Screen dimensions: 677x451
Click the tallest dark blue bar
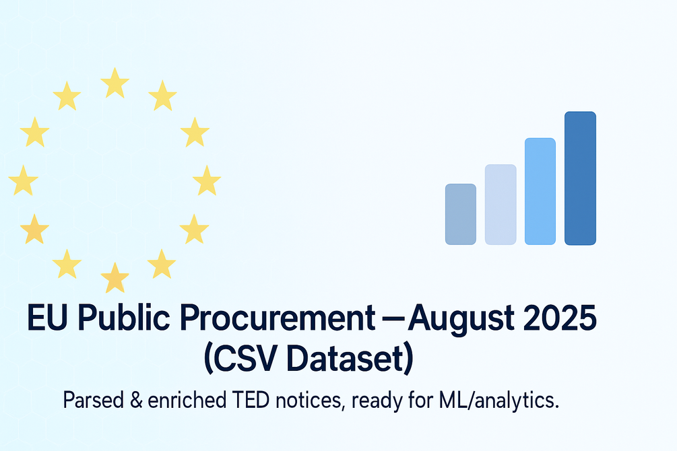(580, 178)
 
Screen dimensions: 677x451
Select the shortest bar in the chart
(461, 214)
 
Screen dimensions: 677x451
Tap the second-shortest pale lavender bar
(501, 205)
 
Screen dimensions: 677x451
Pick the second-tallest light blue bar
(540, 191)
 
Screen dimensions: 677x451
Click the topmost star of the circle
(115, 83)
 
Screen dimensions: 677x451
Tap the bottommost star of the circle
(115, 277)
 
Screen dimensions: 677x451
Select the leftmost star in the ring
(24, 180)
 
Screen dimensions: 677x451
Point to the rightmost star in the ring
(207, 180)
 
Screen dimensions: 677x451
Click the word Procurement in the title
(277, 318)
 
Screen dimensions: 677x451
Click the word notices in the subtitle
(310, 401)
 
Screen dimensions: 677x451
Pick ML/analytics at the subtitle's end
(498, 401)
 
